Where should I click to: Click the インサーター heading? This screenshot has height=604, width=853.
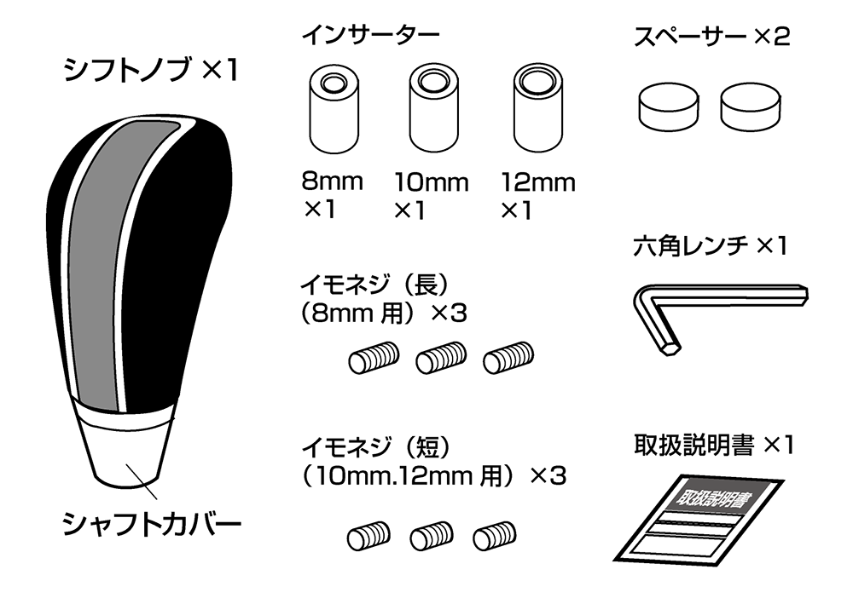[x=370, y=37]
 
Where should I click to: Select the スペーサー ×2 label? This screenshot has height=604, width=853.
[x=712, y=37]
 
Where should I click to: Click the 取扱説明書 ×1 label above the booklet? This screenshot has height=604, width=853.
[x=712, y=445]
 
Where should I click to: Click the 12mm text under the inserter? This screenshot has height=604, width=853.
[x=538, y=182]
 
